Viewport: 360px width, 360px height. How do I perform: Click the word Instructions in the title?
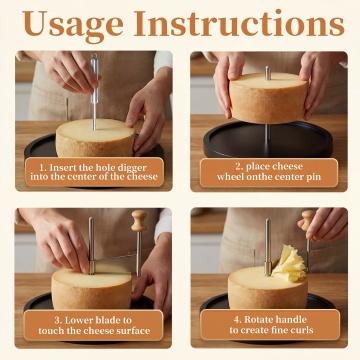(239, 24)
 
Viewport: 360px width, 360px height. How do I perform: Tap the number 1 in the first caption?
(42, 168)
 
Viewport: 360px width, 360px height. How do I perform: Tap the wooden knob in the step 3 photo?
(139, 220)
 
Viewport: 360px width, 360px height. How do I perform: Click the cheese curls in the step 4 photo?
(289, 264)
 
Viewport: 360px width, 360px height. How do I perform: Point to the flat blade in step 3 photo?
(115, 264)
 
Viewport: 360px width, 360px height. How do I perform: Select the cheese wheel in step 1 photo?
(95, 138)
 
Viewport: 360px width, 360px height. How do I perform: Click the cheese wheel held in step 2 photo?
(268, 97)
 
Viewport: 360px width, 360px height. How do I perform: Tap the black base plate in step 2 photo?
(268, 139)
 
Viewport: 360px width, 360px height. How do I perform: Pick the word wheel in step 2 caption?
(229, 177)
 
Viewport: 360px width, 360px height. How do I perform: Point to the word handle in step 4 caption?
(292, 320)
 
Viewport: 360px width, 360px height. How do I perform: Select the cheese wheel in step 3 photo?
(91, 289)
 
